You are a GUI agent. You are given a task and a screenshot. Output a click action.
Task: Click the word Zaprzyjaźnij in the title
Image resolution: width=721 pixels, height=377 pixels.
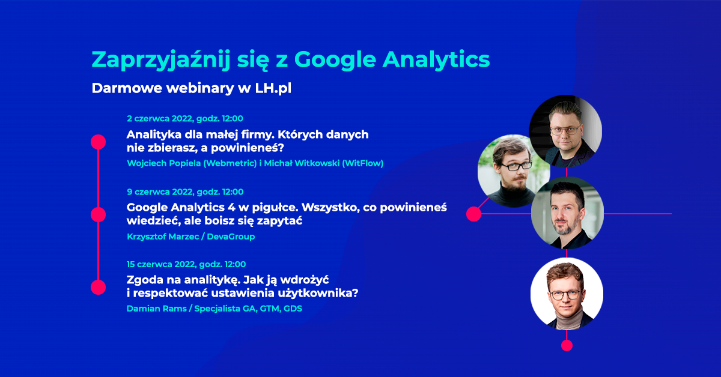tap(161, 60)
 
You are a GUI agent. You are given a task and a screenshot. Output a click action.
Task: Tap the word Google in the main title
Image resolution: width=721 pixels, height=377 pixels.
tap(335, 60)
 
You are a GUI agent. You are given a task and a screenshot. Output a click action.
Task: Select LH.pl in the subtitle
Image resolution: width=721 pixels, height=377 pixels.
tap(273, 88)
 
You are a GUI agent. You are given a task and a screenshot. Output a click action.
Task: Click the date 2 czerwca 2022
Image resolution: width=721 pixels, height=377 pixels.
tap(160, 119)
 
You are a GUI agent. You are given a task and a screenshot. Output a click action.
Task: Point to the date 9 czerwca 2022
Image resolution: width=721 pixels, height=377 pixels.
tap(160, 192)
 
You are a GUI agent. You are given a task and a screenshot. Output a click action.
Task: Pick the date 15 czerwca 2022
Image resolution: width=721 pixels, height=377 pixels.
tap(162, 264)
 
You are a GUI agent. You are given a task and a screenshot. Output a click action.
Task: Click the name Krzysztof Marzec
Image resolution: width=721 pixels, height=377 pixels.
tap(163, 237)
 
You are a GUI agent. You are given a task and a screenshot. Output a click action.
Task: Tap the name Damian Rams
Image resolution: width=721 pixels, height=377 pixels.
tap(156, 309)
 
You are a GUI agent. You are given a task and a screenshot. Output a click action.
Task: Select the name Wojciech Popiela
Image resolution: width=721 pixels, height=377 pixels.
tap(164, 163)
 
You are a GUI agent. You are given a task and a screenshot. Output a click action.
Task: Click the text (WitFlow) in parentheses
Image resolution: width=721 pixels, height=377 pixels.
tap(363, 163)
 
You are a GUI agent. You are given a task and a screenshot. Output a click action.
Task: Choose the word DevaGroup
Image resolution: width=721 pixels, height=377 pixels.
tap(231, 237)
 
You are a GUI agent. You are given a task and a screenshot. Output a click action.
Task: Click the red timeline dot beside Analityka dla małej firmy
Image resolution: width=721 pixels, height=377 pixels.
tap(98, 142)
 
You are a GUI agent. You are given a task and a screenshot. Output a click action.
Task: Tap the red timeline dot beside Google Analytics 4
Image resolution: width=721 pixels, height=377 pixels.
tap(98, 214)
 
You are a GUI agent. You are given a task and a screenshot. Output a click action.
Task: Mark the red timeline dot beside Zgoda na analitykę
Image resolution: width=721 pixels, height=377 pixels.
tap(98, 288)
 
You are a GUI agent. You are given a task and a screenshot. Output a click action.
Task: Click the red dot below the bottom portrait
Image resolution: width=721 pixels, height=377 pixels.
tap(567, 345)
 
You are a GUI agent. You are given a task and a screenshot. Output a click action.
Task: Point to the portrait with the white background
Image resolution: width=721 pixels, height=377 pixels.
tap(567, 294)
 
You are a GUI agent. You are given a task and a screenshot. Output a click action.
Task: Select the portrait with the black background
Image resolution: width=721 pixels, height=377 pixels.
tap(565, 131)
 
